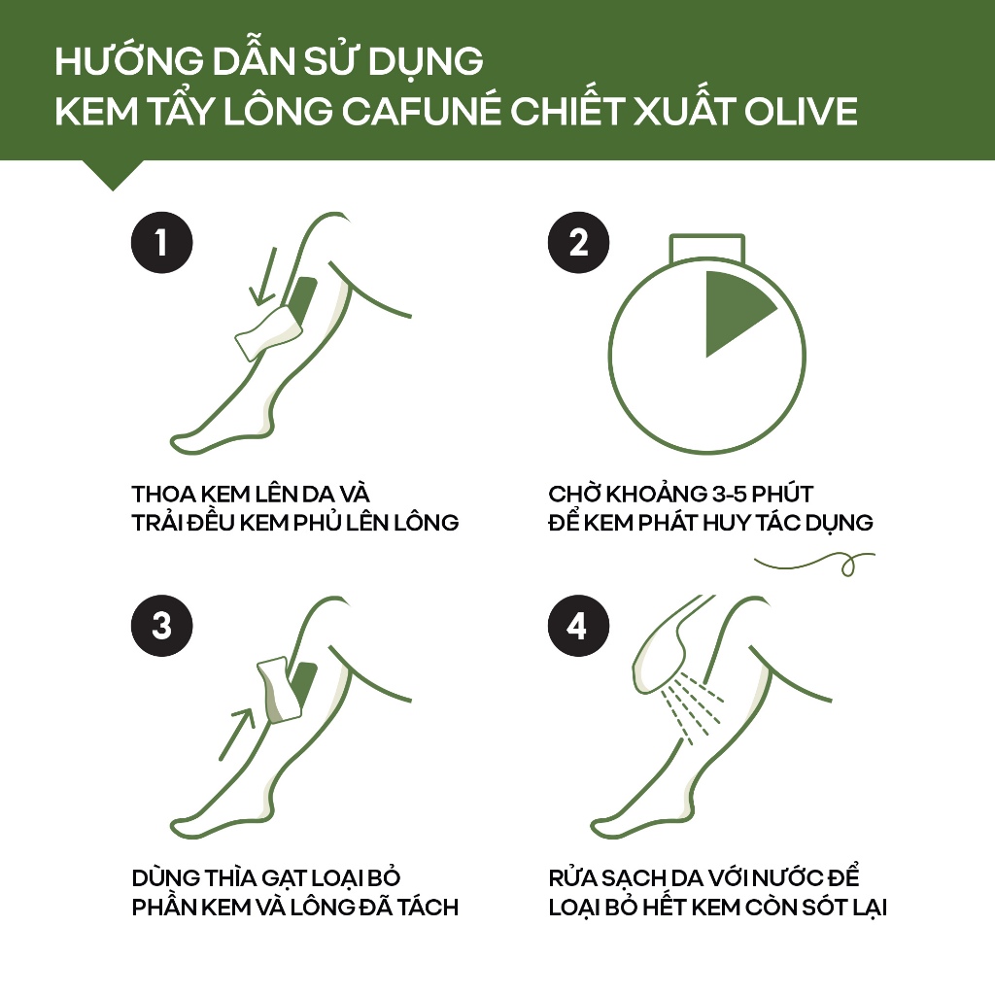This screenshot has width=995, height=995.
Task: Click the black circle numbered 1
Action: (162, 242)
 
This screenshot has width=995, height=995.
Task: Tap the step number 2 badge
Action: (578, 242)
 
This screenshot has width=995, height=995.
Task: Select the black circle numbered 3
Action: (162, 625)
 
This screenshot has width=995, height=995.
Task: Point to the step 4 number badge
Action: (578, 625)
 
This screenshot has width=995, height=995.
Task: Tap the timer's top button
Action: (707, 248)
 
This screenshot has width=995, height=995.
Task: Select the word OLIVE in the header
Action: (801, 111)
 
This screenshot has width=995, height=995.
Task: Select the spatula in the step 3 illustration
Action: (279, 689)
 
